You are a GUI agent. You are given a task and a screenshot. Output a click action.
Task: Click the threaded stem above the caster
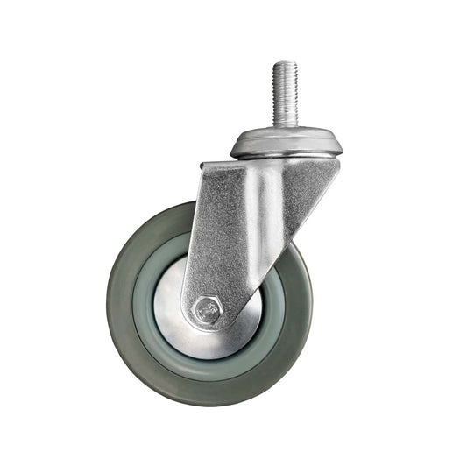tap(285, 95)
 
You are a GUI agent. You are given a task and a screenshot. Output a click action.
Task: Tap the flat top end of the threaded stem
tap(285, 63)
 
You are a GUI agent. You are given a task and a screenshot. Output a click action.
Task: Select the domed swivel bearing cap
tap(287, 141)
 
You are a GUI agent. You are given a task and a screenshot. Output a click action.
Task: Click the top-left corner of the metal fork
tap(202, 165)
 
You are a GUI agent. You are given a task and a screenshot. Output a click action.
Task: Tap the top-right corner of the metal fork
tap(338, 161)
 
